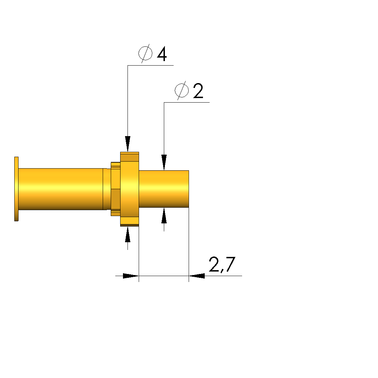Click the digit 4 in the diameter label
click(x=162, y=54)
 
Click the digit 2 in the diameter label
click(x=198, y=91)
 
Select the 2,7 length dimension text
click(x=222, y=265)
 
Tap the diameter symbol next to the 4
click(x=145, y=53)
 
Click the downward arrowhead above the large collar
click(x=128, y=144)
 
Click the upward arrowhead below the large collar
click(x=128, y=234)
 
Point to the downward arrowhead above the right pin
click(x=164, y=163)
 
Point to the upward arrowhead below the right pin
click(x=164, y=215)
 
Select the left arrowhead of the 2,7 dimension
click(x=131, y=276)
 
